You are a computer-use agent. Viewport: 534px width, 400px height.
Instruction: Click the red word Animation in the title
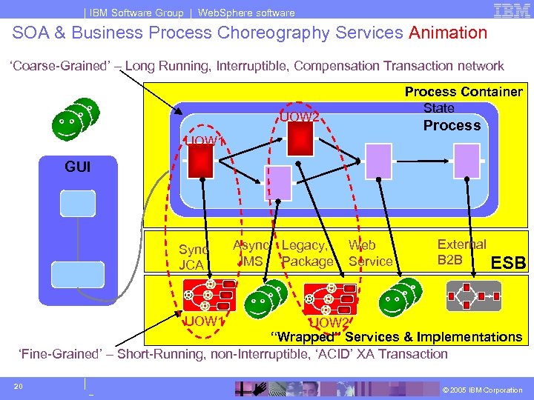(x=448, y=33)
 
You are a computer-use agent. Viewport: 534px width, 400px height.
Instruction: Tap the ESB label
(x=509, y=263)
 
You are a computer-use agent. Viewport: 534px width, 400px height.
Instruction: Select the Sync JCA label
(x=194, y=256)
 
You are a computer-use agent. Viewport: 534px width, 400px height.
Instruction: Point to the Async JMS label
(x=252, y=253)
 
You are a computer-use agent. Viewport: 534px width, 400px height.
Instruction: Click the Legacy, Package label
(x=306, y=253)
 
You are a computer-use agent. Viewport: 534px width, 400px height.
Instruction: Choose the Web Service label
(x=369, y=253)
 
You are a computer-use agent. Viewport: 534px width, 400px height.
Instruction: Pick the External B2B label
(x=461, y=252)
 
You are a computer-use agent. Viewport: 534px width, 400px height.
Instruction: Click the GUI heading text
(x=78, y=167)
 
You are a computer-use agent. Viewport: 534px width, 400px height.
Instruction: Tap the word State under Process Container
(x=438, y=108)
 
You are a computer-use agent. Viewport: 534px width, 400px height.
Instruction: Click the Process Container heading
(x=463, y=92)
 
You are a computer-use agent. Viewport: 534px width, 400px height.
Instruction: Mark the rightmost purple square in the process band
(x=467, y=157)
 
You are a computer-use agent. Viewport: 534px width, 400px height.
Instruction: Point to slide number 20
(x=20, y=385)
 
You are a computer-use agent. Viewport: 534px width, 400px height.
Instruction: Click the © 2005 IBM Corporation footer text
(x=482, y=390)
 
